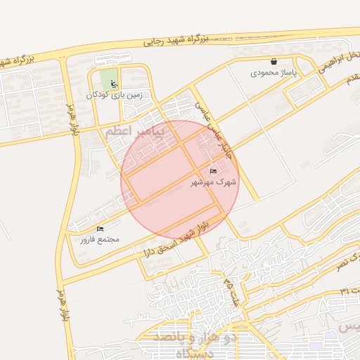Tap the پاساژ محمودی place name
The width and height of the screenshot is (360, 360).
(274, 72)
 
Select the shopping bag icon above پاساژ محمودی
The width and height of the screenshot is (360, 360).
(274, 62)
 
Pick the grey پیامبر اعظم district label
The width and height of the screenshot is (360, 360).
(134, 131)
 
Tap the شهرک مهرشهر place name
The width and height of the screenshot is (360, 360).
(214, 181)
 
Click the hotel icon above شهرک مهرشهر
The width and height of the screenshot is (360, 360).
(214, 171)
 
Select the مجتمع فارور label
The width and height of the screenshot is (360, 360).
(99, 239)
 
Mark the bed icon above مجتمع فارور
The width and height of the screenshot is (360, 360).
(99, 229)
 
